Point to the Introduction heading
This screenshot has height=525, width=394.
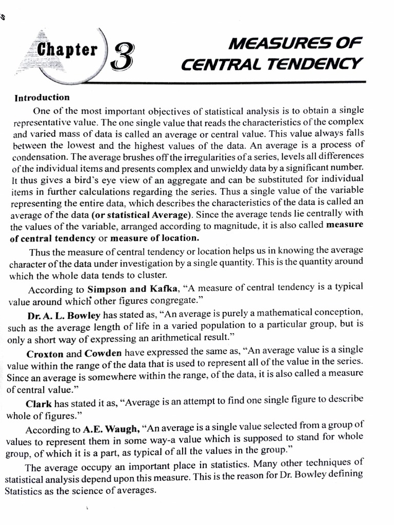42,97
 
